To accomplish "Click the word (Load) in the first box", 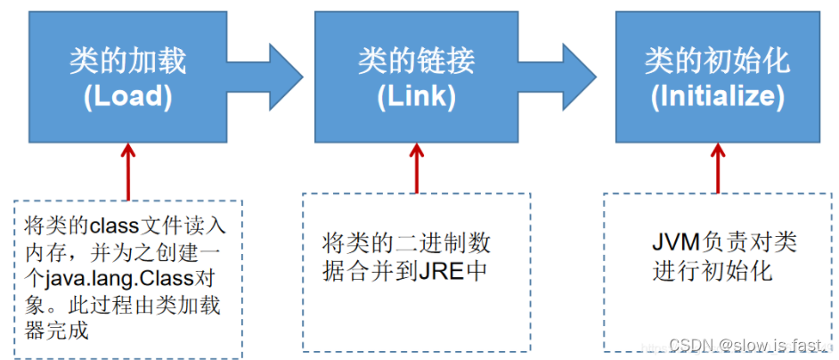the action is (128, 95).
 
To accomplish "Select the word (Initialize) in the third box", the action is (716, 95).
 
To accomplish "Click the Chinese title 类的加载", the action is (128, 61).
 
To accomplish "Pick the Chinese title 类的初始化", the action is (716, 61).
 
